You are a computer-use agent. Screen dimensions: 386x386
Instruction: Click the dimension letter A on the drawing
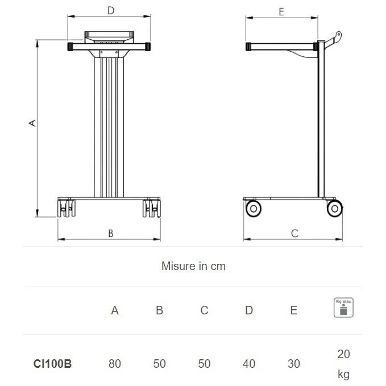tap(33, 123)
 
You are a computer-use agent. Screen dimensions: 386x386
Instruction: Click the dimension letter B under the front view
tap(111, 233)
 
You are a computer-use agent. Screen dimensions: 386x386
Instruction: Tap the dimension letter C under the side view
tap(294, 233)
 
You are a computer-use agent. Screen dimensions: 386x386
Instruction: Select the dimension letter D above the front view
tap(111, 10)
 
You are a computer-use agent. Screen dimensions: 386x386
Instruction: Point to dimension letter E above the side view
tap(281, 11)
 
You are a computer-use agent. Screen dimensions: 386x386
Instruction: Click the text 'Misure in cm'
tap(193, 266)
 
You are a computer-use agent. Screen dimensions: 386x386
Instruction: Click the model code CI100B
tap(53, 364)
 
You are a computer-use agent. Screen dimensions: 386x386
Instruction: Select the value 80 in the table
tap(115, 364)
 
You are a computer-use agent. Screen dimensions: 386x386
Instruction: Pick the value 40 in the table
tap(249, 364)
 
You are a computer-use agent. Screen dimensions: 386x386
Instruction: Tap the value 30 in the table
tap(293, 364)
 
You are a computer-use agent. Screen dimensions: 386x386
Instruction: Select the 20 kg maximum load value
tap(343, 364)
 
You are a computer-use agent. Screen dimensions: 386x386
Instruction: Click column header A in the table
tap(115, 310)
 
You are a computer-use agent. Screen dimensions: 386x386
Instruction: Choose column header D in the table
tap(249, 310)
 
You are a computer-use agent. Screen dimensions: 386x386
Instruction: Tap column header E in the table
tap(293, 310)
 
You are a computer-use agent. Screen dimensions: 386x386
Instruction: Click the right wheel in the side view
tap(335, 209)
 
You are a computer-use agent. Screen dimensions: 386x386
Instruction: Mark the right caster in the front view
tap(152, 209)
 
